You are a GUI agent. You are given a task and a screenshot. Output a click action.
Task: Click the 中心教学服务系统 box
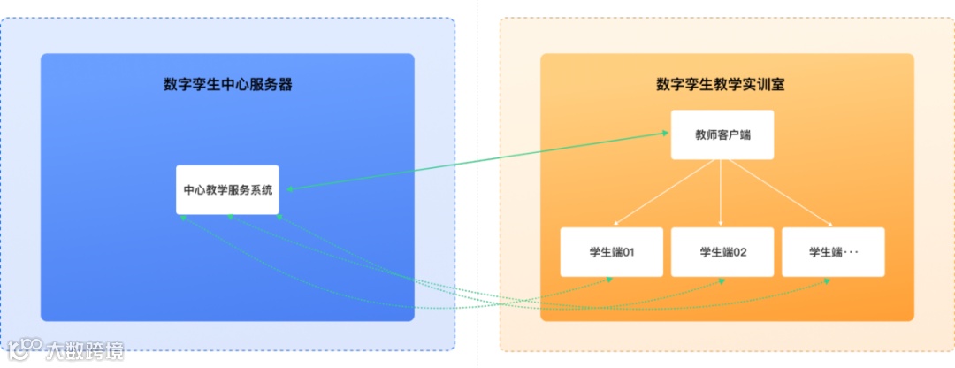(227, 189)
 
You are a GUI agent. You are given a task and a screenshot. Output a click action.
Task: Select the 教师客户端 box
(722, 134)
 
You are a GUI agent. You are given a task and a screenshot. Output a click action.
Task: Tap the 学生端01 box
(611, 252)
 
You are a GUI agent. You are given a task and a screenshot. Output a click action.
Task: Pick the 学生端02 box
(722, 252)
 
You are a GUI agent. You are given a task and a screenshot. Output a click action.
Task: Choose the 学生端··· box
(833, 252)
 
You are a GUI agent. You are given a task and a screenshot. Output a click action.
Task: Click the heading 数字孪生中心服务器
(227, 85)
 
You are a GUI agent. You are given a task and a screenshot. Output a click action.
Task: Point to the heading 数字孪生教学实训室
(722, 85)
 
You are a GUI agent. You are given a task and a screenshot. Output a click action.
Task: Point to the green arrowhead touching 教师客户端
(665, 134)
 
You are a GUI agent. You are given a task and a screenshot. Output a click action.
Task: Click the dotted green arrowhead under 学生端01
(609, 280)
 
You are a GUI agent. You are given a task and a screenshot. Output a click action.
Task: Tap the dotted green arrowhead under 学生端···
(829, 280)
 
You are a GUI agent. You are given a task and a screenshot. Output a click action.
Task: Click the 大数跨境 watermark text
(86, 350)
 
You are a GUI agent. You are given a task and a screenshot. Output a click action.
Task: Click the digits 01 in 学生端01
(630, 252)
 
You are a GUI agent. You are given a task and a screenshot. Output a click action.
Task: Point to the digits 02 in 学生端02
(740, 252)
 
